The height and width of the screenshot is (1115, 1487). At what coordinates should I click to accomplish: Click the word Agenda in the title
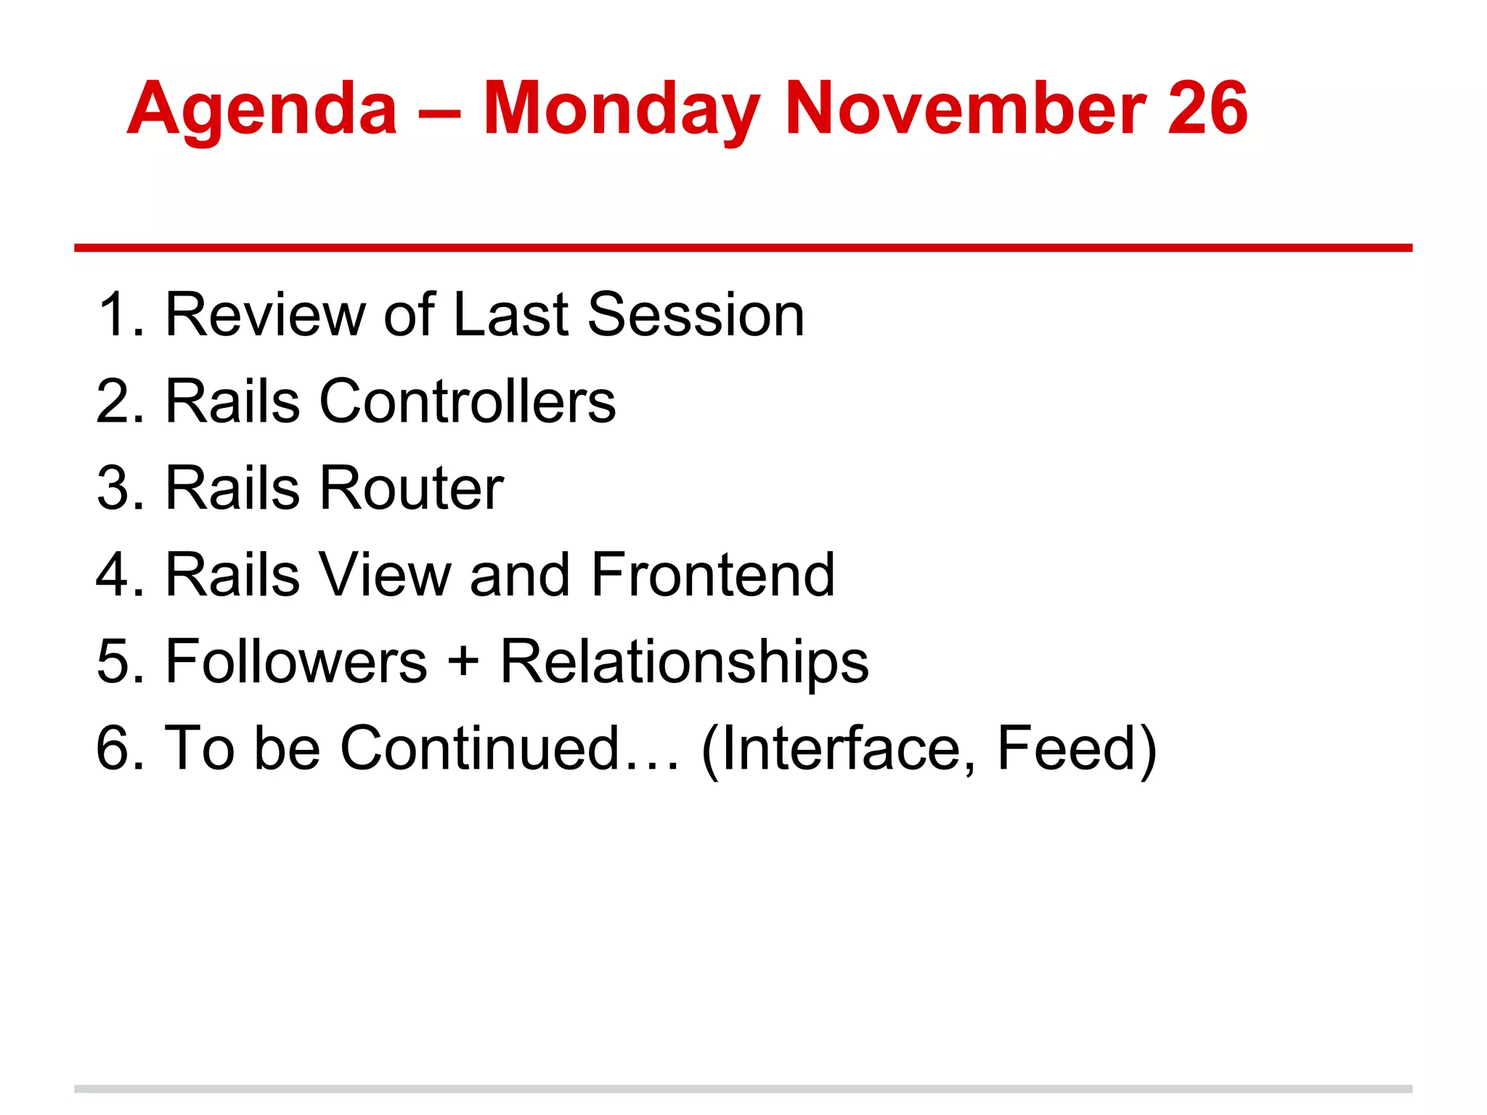[262, 110]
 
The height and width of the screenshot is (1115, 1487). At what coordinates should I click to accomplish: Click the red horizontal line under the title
[743, 248]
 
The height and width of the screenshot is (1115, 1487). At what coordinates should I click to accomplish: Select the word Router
[411, 488]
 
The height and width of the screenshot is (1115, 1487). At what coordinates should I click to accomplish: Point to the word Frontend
[712, 574]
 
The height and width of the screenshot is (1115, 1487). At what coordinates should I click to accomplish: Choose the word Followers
[297, 661]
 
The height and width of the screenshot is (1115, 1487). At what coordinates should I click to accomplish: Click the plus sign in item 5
[463, 663]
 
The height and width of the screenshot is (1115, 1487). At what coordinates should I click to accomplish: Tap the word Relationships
[684, 663]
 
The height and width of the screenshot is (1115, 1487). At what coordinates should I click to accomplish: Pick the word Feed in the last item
[1065, 748]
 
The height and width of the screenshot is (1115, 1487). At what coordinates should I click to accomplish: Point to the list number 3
[113, 488]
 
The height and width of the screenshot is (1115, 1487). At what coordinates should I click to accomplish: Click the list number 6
[113, 748]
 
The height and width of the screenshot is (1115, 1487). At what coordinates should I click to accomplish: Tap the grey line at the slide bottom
[743, 1089]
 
